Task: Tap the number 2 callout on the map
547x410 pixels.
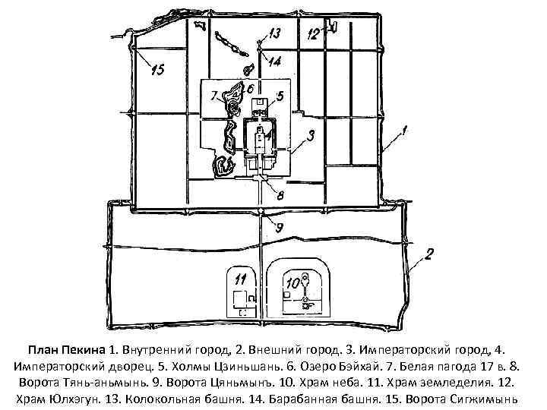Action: (429, 254)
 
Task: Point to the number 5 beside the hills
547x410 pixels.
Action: (280, 96)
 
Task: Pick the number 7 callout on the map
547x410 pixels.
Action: (216, 96)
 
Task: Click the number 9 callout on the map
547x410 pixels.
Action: (279, 225)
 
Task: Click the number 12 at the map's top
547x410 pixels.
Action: (314, 34)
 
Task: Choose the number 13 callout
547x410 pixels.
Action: (273, 33)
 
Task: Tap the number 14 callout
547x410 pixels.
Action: (274, 61)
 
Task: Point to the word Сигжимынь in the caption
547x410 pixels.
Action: (480, 399)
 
